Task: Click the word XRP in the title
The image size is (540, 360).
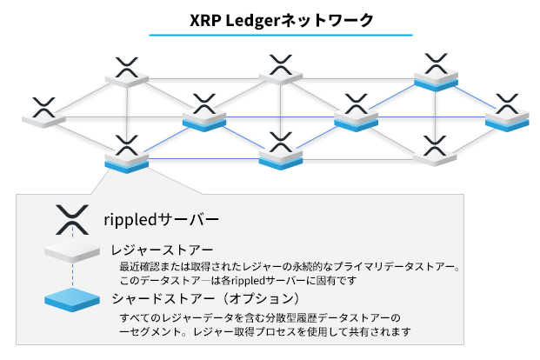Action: [x=205, y=19]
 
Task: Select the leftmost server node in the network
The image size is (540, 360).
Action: [x=43, y=113]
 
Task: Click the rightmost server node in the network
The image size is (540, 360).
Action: [x=507, y=113]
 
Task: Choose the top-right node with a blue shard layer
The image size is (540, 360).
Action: [x=436, y=73]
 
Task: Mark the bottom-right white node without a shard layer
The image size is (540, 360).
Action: [x=434, y=150]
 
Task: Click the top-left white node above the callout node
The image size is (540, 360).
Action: [x=128, y=74]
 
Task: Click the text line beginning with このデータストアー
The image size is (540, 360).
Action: [x=239, y=281]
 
